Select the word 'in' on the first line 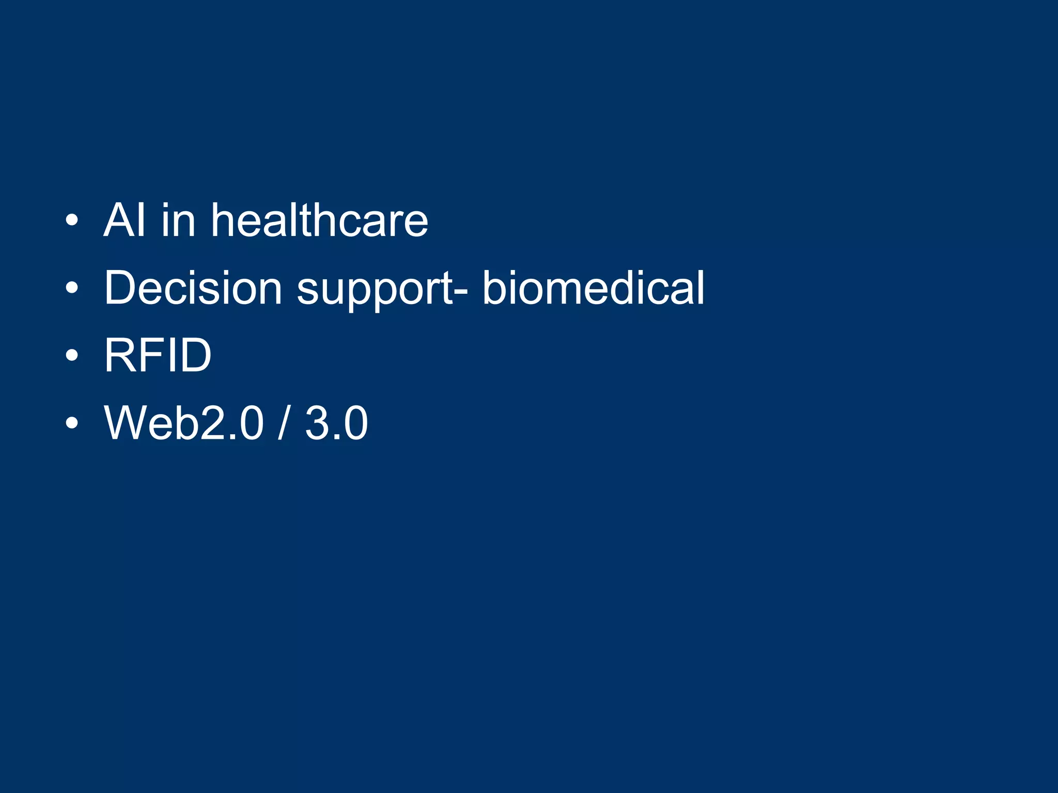pos(178,220)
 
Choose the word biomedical pos(593,288)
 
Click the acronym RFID pos(158,355)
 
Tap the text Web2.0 pos(184,423)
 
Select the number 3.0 pos(336,423)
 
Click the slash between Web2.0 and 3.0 pos(282,423)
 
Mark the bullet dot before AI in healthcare pos(72,221)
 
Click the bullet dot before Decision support pos(72,289)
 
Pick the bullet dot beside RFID pos(72,356)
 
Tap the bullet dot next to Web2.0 pos(72,423)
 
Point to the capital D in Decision pos(119,288)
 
